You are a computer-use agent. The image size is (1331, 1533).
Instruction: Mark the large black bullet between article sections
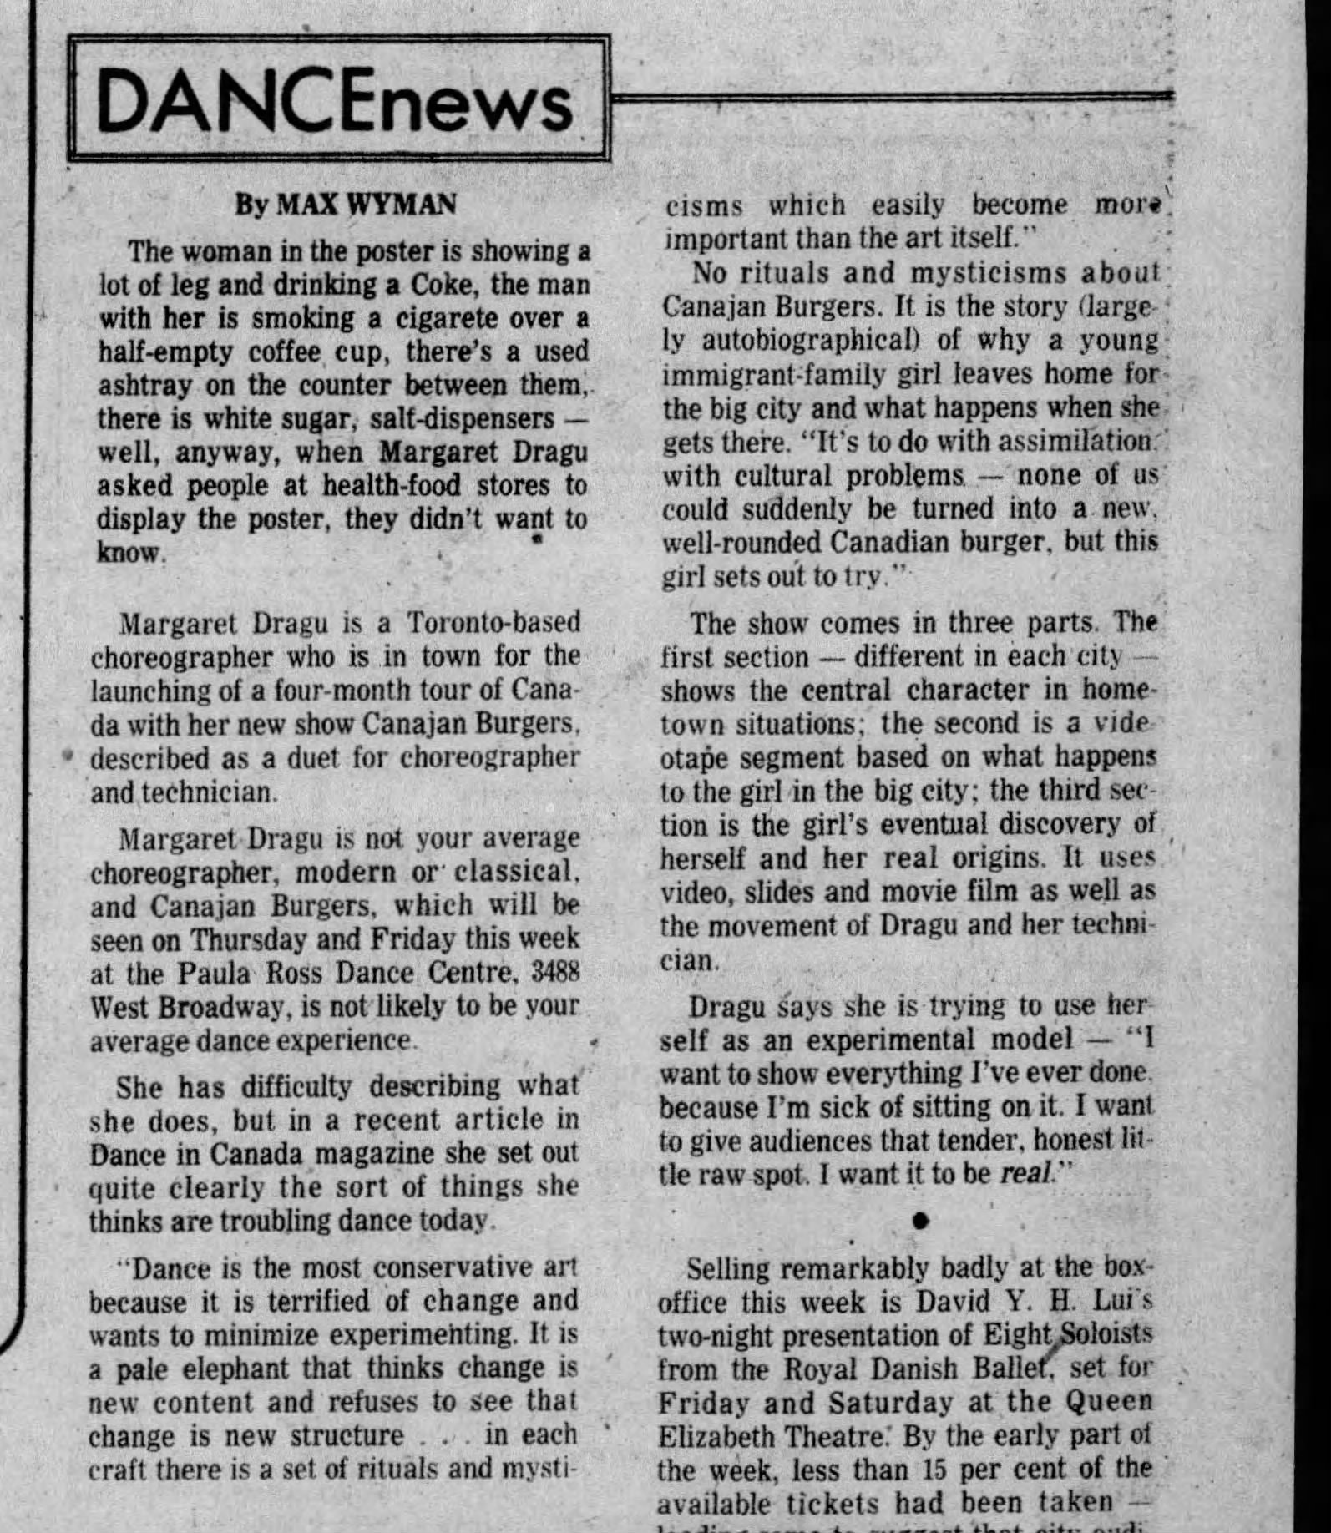click(921, 1221)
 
